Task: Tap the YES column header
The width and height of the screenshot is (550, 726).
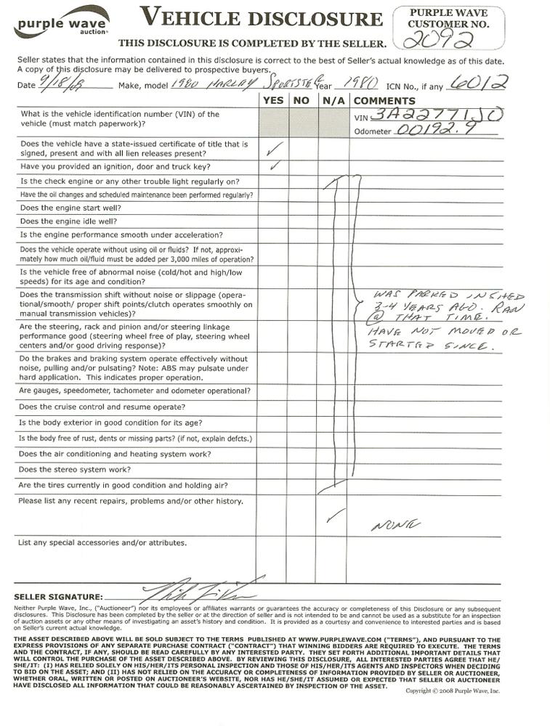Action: [273, 101]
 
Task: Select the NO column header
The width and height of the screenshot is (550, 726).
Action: [302, 101]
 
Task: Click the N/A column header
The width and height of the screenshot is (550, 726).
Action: [333, 101]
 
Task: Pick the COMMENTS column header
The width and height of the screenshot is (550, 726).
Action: [384, 101]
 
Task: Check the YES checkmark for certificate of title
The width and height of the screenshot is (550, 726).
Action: [274, 149]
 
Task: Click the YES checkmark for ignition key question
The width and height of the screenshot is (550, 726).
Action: [274, 166]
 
